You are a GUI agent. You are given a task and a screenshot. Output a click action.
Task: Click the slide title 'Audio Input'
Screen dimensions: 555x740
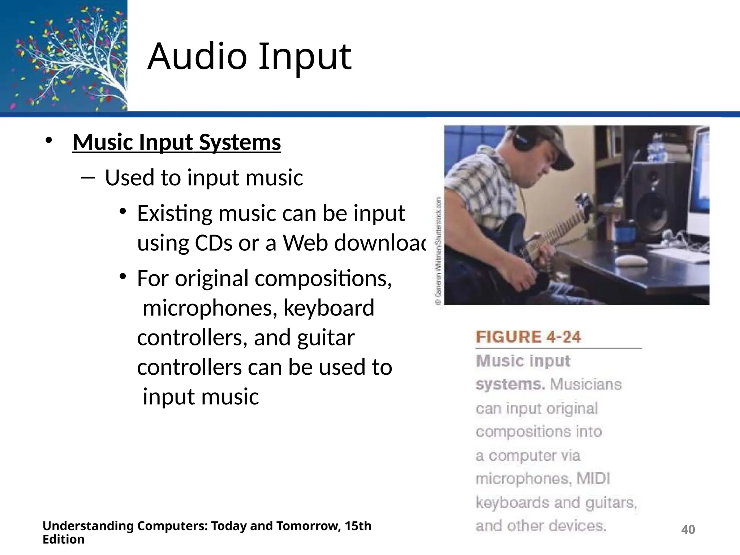point(249,57)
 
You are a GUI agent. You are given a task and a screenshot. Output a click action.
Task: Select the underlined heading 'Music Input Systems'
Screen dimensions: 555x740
point(177,142)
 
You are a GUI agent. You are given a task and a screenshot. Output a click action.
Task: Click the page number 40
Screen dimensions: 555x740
point(688,530)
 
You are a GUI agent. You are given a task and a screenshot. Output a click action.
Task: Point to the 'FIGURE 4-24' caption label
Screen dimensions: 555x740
point(528,337)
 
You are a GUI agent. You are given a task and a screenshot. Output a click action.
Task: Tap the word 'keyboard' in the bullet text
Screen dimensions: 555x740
point(329,308)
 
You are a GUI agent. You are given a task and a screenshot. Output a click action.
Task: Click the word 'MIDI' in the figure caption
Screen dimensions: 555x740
point(593,479)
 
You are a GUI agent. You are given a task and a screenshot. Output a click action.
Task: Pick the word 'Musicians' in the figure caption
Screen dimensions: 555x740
point(585,384)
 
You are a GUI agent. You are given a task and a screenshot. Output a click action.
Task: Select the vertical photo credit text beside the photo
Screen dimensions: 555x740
point(438,251)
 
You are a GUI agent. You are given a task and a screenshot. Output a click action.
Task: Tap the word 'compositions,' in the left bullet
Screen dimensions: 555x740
point(323,279)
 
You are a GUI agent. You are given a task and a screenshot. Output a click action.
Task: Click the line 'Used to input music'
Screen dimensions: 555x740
point(204,178)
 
